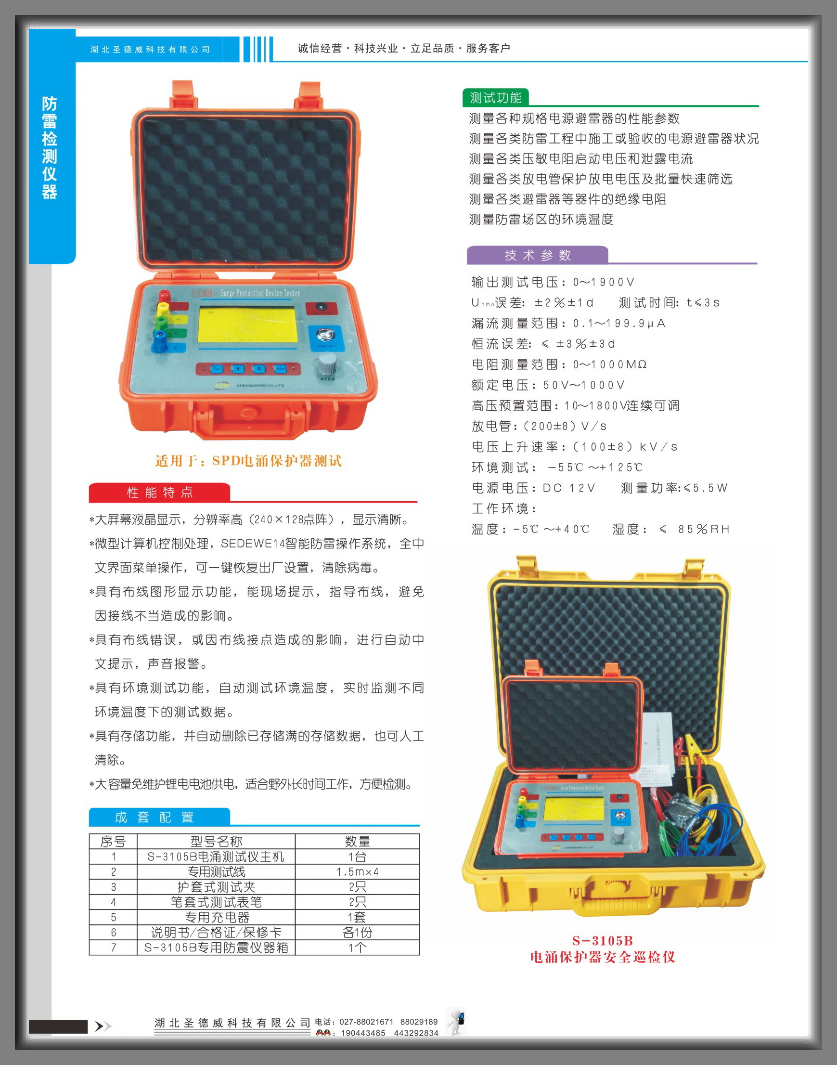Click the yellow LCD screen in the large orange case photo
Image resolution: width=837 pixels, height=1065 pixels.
(247, 325)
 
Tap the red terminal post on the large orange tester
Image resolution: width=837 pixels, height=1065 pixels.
(164, 297)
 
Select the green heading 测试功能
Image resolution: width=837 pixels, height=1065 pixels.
(495, 98)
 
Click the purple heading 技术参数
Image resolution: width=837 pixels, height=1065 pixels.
(538, 255)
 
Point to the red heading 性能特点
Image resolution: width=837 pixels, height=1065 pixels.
(160, 493)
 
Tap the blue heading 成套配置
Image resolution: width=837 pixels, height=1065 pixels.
(155, 817)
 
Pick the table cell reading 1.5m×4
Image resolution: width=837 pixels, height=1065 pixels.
(357, 871)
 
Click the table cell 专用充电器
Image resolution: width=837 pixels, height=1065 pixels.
(216, 917)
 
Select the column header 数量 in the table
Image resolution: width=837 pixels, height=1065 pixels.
(357, 841)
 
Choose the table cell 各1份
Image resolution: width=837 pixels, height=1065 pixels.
(357, 932)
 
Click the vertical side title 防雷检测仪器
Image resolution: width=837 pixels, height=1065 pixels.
(50, 147)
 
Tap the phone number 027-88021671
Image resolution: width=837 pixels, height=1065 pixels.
(366, 1022)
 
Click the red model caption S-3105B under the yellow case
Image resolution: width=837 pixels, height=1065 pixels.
(602, 940)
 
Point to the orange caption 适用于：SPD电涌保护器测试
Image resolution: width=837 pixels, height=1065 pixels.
(248, 461)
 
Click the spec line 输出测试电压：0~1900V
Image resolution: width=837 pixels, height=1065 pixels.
(553, 282)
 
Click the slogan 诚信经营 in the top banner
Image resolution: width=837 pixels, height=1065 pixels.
(320, 48)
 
